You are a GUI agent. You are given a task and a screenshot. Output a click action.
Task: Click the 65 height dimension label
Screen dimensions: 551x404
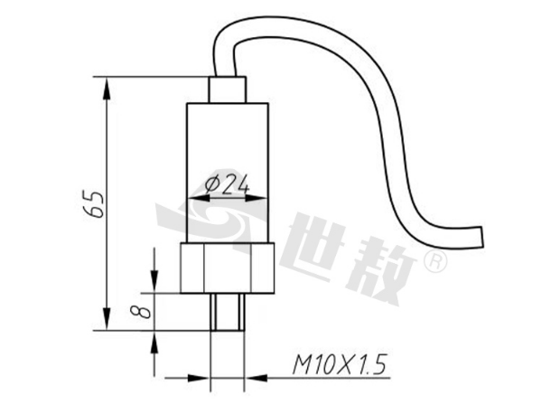point(93,204)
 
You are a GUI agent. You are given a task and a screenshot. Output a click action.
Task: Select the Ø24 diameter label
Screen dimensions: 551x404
point(228,184)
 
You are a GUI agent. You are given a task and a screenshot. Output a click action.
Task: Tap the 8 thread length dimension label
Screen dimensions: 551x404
point(141,312)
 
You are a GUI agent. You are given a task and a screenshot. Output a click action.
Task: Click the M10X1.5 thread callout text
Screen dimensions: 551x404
point(340,364)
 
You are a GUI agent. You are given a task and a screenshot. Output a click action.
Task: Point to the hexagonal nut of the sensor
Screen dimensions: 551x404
point(227,268)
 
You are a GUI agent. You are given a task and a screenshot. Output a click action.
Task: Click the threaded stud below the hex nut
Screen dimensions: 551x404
point(228,312)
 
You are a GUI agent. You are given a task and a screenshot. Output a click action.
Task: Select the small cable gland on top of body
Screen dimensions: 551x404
point(228,89)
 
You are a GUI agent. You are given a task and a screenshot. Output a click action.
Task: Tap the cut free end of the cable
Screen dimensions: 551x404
point(481,238)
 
